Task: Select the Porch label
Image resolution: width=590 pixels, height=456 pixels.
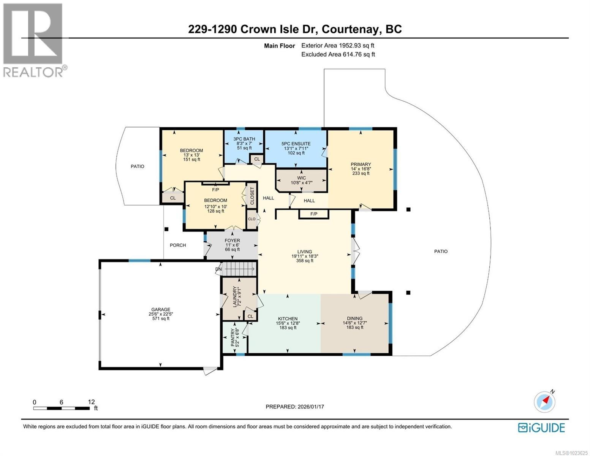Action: tap(178, 245)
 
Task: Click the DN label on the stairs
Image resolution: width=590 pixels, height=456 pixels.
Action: tap(218, 269)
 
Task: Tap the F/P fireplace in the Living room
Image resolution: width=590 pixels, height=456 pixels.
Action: tap(314, 214)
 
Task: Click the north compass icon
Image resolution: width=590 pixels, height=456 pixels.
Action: tap(545, 402)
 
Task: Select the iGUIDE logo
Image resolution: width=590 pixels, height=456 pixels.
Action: tap(541, 427)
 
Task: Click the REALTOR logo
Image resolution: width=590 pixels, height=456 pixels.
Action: tap(34, 40)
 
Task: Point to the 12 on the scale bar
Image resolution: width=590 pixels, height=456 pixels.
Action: tap(91, 402)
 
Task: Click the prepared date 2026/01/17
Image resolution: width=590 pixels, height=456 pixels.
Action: tap(295, 407)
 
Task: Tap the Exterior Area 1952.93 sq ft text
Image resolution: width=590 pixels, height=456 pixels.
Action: tap(338, 45)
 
